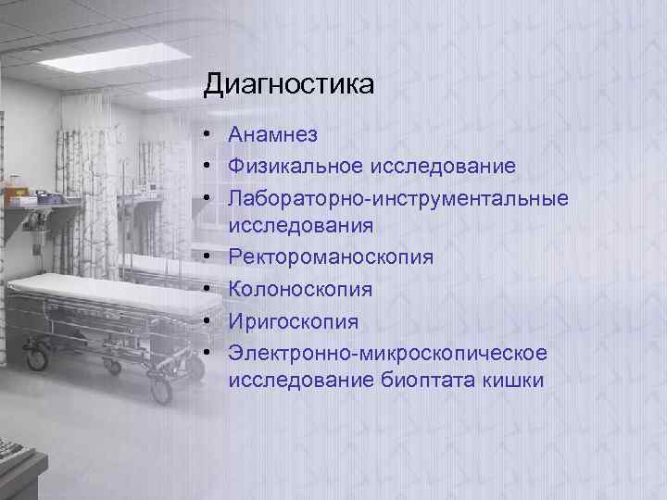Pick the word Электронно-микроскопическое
point(388,353)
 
